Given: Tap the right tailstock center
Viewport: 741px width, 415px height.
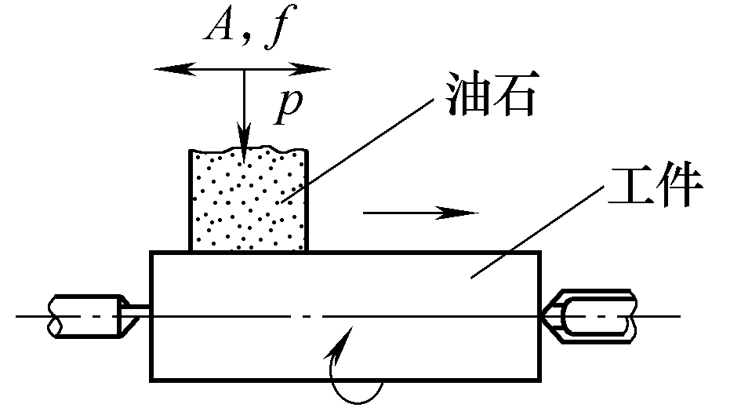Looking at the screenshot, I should tap(592, 314).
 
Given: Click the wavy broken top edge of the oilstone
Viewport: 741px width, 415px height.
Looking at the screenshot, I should tap(248, 149).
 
